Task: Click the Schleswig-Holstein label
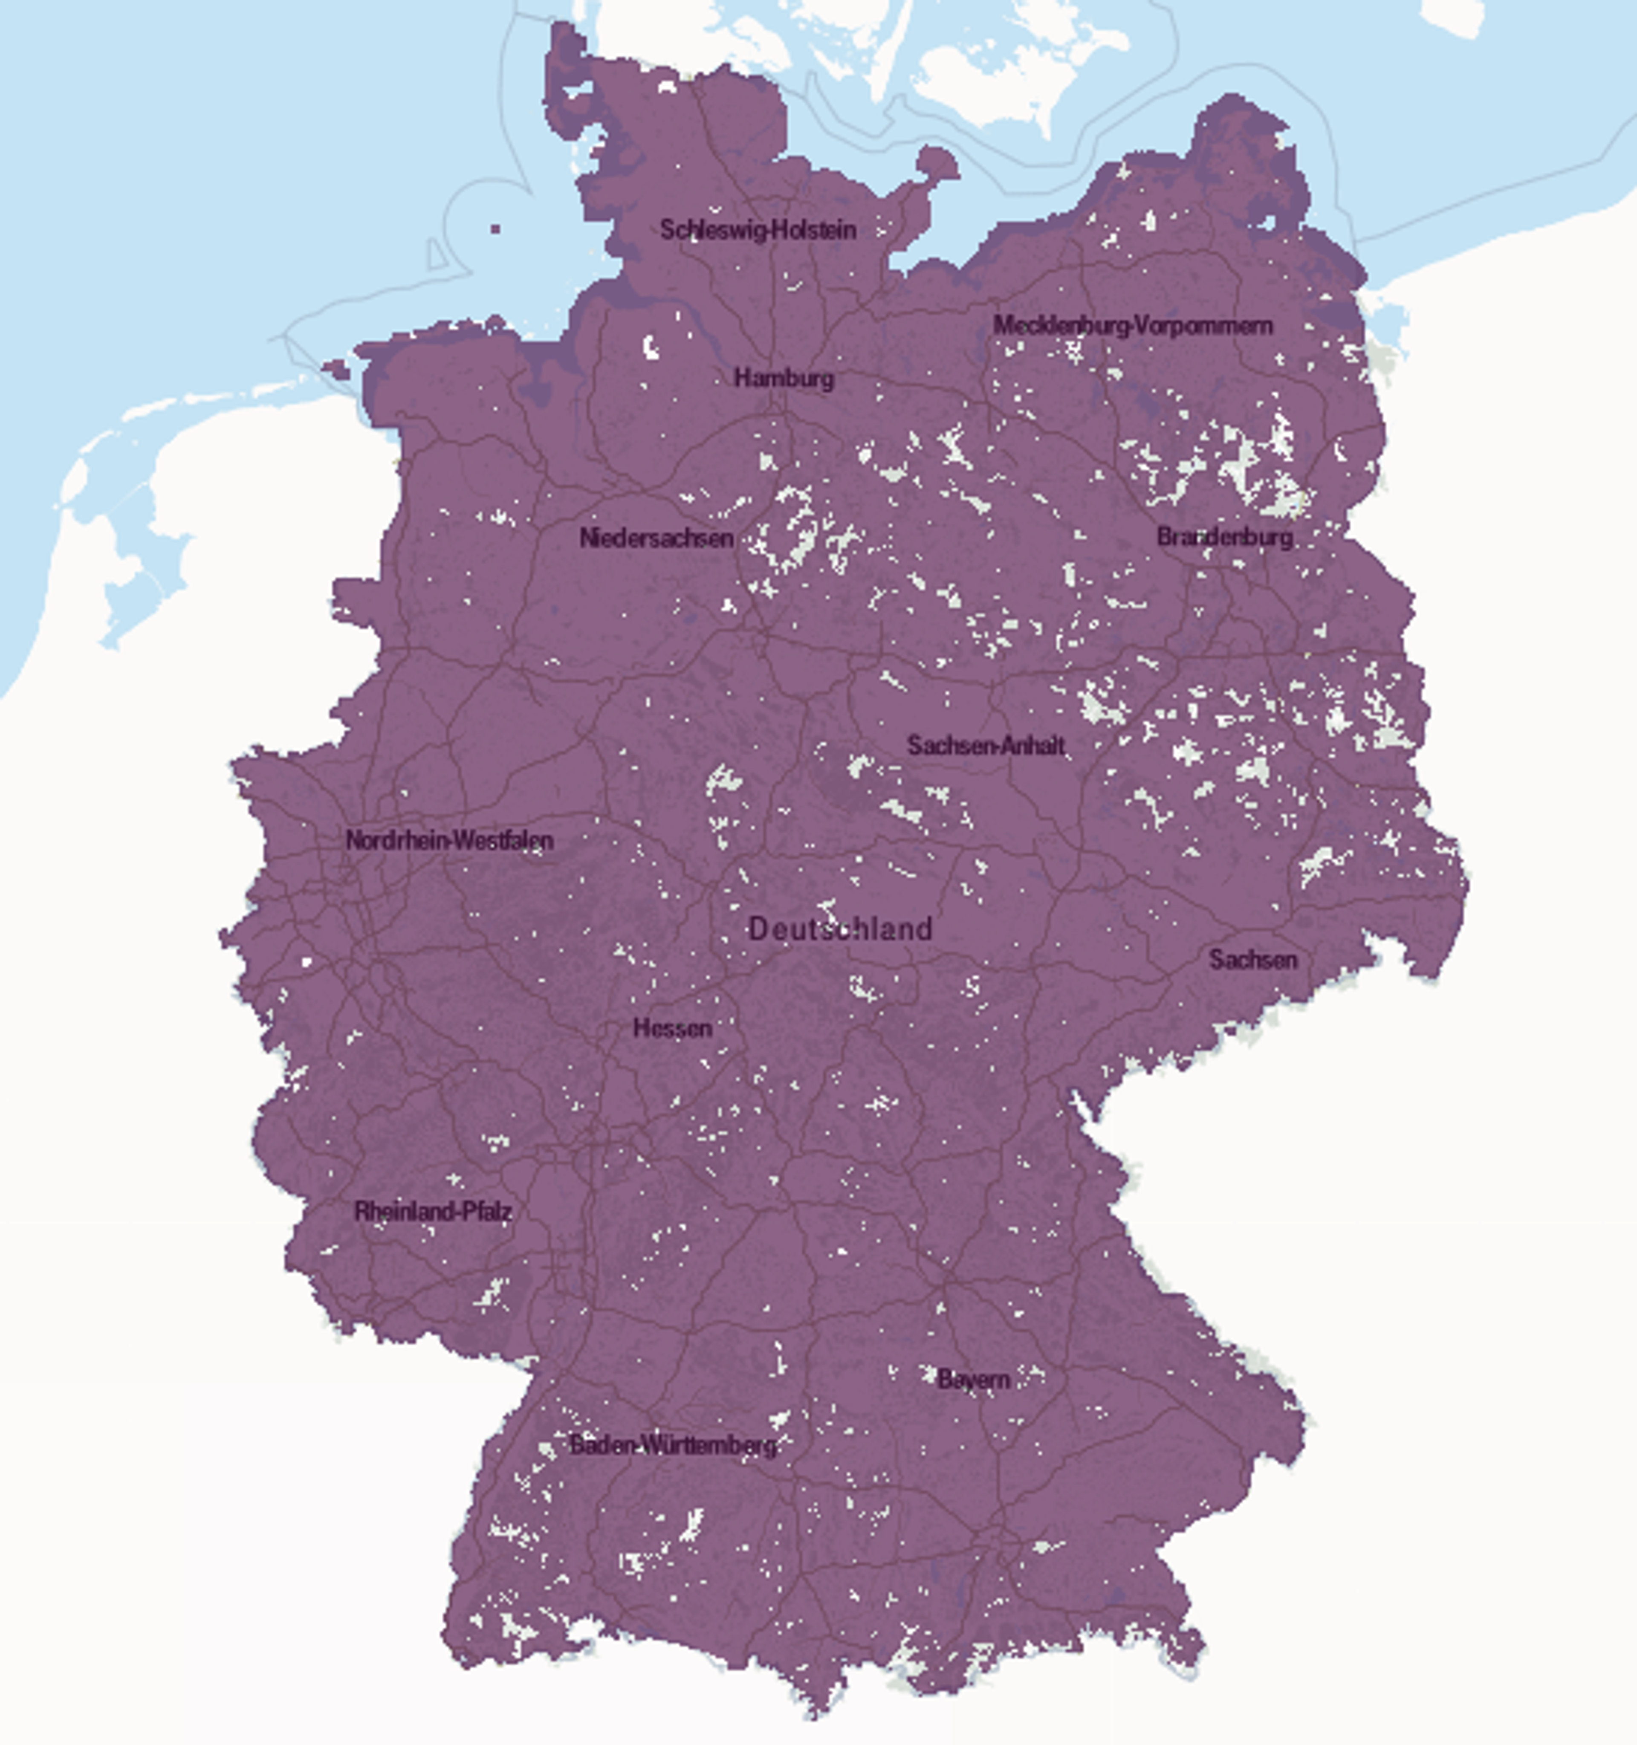(x=758, y=230)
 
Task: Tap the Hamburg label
(x=784, y=379)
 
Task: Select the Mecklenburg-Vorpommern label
(x=1132, y=326)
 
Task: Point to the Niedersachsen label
(x=657, y=538)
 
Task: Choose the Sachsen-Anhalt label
(x=986, y=746)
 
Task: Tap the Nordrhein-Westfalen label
(x=449, y=840)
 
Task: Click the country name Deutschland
(x=840, y=929)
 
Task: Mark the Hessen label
(x=672, y=1028)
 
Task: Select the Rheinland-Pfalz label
(x=433, y=1212)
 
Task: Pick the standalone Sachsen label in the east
(x=1252, y=959)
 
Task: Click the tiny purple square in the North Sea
(x=496, y=229)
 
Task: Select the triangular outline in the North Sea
(x=436, y=255)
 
